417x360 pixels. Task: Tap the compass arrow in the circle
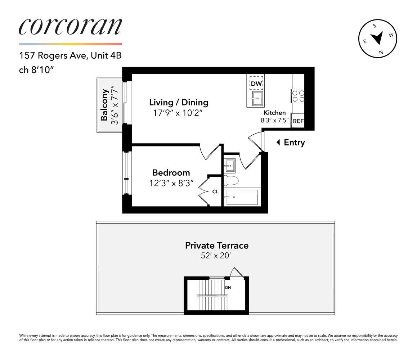coord(377,37)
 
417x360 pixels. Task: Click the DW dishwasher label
coord(256,84)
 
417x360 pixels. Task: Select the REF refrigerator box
coord(298,121)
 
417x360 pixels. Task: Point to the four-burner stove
coord(298,95)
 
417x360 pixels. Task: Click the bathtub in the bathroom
coord(242,197)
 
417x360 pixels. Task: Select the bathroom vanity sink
coord(229,166)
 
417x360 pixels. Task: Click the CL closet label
coord(215,192)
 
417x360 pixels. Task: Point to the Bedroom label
coord(171,172)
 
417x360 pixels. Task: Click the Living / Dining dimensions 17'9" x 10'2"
coord(179,112)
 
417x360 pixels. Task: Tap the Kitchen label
coord(275,113)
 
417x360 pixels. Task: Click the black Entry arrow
coord(278,143)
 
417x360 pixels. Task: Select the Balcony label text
coord(104,105)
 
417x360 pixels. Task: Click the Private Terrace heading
coord(217,246)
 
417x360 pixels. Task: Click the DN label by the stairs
coord(228,288)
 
